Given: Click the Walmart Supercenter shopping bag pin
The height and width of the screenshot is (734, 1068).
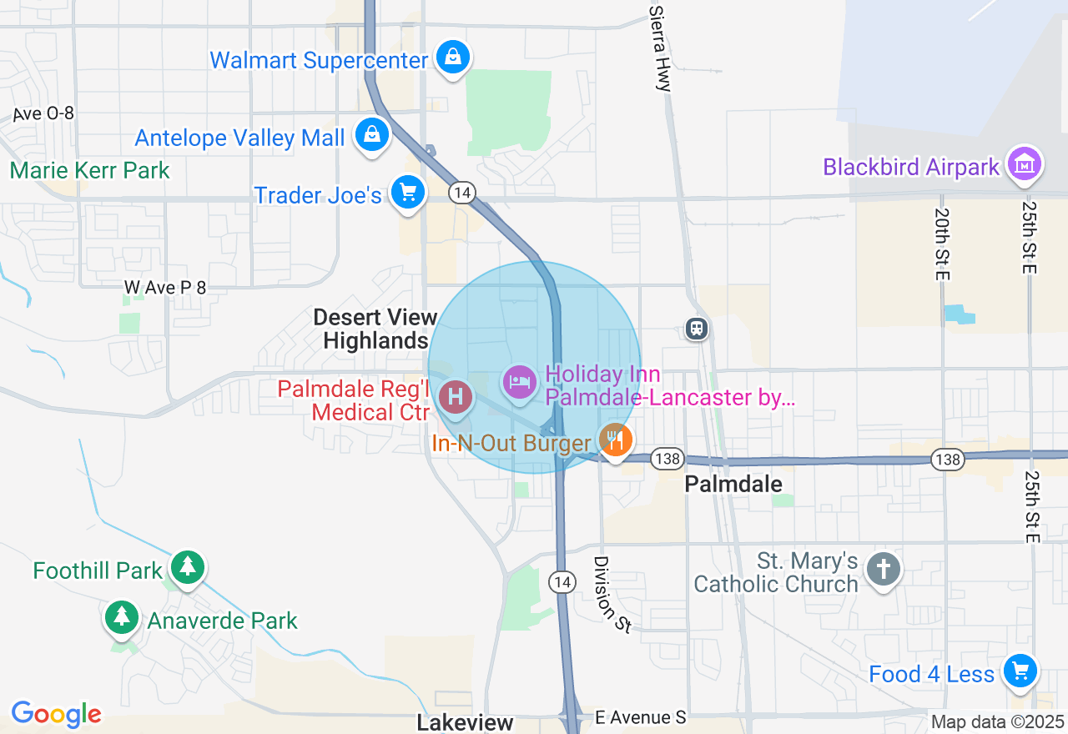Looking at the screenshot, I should coord(451,57).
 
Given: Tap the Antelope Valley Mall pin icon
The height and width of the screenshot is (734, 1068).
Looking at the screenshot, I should coord(371,134).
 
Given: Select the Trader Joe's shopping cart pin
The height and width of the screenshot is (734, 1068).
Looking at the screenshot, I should coord(407,193).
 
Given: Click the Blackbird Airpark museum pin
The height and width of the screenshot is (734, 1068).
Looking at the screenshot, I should coord(1023,163).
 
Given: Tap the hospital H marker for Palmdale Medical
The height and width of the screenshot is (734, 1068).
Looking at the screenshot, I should coord(456,396).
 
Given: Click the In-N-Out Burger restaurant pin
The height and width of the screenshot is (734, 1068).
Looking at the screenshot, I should coord(615,439).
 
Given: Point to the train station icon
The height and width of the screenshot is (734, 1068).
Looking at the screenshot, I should coord(697,329).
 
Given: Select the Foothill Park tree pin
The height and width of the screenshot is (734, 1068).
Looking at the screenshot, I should coord(188,568).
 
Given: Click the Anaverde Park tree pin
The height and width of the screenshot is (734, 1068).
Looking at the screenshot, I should coord(123,618).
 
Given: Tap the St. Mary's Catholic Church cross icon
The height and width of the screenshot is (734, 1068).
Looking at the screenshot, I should coord(883,571).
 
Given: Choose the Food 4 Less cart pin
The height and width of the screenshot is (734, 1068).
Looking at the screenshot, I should coord(1019,670).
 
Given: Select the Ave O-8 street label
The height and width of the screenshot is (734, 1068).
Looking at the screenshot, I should coord(43,114).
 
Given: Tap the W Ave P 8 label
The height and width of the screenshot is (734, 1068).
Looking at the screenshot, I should coord(165,288).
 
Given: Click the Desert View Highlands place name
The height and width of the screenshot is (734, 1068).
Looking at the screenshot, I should coord(375,329).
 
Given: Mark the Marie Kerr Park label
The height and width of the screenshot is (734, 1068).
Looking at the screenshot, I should coord(90,171).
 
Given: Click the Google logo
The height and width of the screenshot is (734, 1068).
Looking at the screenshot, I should coord(56,714).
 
